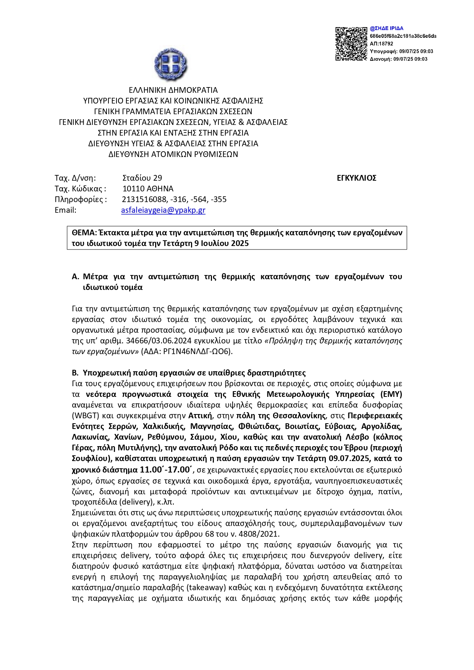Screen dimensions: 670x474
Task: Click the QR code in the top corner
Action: coord(351,44)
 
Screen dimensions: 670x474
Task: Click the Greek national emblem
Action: coord(171,63)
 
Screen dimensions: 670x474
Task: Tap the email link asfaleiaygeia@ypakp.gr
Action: coord(163,210)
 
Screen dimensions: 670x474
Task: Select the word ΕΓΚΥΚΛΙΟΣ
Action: coord(356,178)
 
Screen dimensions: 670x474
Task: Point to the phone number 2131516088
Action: coord(144,199)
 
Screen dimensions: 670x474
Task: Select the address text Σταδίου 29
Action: coord(142,178)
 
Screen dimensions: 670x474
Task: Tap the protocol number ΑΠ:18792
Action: coord(381,44)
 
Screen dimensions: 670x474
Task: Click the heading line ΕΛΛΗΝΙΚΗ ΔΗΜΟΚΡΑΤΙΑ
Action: coord(173,90)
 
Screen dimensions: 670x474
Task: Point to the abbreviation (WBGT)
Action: coord(84,416)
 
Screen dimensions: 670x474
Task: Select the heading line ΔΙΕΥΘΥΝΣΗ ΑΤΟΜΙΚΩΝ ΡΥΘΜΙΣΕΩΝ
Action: coord(173,154)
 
